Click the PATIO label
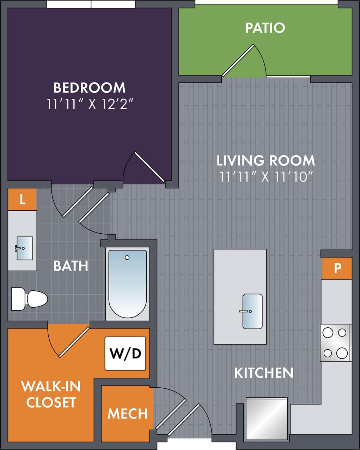coord(265,28)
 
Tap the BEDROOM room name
coord(90,87)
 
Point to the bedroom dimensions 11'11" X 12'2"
coord(90,104)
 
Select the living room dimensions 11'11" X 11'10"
coord(266,176)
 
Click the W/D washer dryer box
coord(125,353)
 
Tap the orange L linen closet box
coord(22,199)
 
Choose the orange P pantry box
coord(337,268)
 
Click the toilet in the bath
coord(30,299)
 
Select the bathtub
coord(127,284)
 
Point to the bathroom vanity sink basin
coord(25,248)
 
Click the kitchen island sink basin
coord(252,311)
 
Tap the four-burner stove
coord(335,343)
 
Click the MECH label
coord(127,414)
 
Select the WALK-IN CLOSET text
coord(51,394)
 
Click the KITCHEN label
coord(264,373)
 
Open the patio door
coord(238,60)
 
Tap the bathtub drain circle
coord(127,258)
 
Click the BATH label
coord(71,266)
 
